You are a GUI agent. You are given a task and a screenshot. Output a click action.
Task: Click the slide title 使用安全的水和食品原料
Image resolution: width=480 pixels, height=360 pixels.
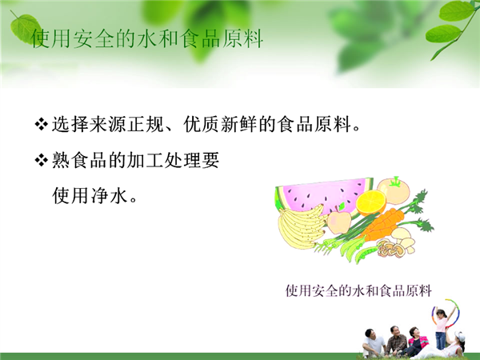click(x=147, y=39)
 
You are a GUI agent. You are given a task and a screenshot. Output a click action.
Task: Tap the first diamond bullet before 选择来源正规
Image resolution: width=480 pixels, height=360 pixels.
click(x=41, y=125)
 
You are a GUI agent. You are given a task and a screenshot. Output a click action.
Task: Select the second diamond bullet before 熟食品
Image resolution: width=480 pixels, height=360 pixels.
click(x=41, y=160)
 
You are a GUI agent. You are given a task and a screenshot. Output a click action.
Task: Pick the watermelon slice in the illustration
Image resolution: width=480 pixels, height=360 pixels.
click(x=325, y=196)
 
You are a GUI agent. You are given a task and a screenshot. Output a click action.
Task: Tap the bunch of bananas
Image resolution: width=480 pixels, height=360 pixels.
click(x=301, y=226)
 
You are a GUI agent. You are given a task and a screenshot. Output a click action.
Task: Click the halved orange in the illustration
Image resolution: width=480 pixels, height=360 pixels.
click(x=372, y=202)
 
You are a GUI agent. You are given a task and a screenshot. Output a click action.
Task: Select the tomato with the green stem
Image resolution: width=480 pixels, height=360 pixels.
click(x=394, y=190)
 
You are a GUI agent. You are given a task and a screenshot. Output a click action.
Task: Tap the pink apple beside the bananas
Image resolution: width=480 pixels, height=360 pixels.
click(x=339, y=221)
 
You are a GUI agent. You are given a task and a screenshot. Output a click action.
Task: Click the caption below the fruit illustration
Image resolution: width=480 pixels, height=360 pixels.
click(x=358, y=290)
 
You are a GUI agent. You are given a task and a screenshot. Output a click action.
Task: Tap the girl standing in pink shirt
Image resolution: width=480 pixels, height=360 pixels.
click(x=441, y=329)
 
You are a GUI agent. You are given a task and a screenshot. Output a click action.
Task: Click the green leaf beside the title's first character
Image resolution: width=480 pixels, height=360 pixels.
click(x=25, y=27)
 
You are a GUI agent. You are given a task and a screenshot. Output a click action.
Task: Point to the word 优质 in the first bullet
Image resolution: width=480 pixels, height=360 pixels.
click(x=202, y=125)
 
